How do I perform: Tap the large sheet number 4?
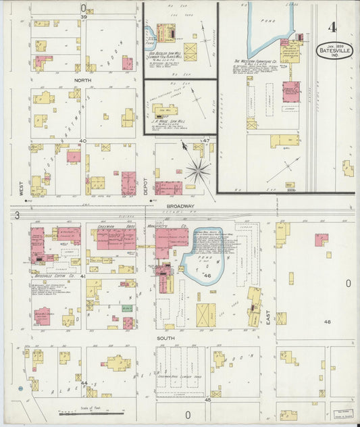pyautogui.click(x=332, y=28)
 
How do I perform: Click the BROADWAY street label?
pyautogui.click(x=180, y=206)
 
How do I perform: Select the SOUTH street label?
pyautogui.click(x=166, y=337)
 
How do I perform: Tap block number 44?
pyautogui.click(x=84, y=383)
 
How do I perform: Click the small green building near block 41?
pyautogui.click(x=126, y=308)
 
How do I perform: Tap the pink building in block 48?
pyautogui.click(x=322, y=239)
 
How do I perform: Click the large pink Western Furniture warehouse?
pyautogui.click(x=291, y=91)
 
